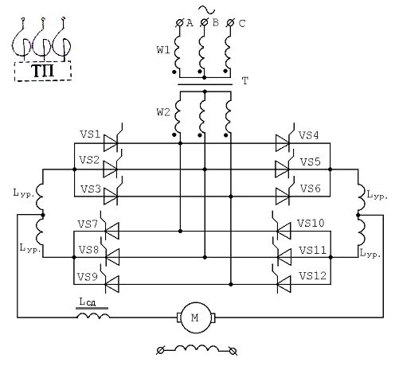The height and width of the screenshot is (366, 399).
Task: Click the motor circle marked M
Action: (x=195, y=317)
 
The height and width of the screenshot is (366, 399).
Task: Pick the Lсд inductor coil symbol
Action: (x=93, y=315)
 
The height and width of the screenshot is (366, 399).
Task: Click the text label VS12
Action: (x=312, y=276)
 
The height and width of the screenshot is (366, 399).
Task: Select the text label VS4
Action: (x=308, y=135)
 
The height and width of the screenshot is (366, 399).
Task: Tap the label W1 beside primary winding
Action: (x=163, y=49)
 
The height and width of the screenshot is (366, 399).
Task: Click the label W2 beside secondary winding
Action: (x=163, y=112)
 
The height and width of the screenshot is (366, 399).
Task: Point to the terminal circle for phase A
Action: (x=180, y=23)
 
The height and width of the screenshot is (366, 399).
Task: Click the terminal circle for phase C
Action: (x=231, y=23)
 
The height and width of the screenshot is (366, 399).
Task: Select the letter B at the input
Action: (x=216, y=22)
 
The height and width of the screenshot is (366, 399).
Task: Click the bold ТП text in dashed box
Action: (x=43, y=71)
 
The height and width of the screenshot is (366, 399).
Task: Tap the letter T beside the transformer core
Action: (x=245, y=80)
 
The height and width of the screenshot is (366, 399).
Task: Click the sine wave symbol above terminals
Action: (x=207, y=10)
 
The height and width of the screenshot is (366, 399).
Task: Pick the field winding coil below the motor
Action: (x=197, y=348)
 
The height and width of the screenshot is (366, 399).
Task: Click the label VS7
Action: (x=88, y=224)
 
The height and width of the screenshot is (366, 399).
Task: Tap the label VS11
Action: (x=312, y=251)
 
